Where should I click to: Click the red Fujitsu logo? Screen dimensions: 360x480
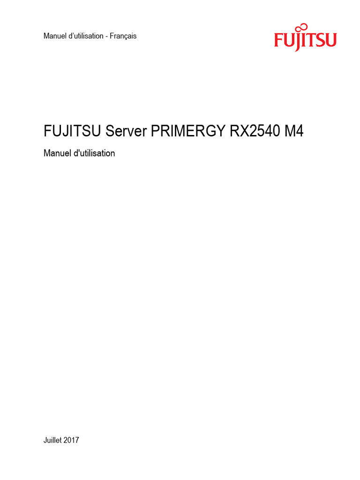(x=305, y=39)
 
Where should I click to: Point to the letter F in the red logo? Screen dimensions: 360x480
(x=278, y=41)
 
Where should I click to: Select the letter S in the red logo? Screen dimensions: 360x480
(x=320, y=41)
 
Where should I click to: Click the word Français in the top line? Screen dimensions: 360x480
(x=123, y=36)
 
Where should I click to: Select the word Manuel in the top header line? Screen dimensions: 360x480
(x=54, y=36)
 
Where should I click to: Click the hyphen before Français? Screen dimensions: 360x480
(x=106, y=37)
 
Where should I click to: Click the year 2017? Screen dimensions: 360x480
(x=72, y=440)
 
